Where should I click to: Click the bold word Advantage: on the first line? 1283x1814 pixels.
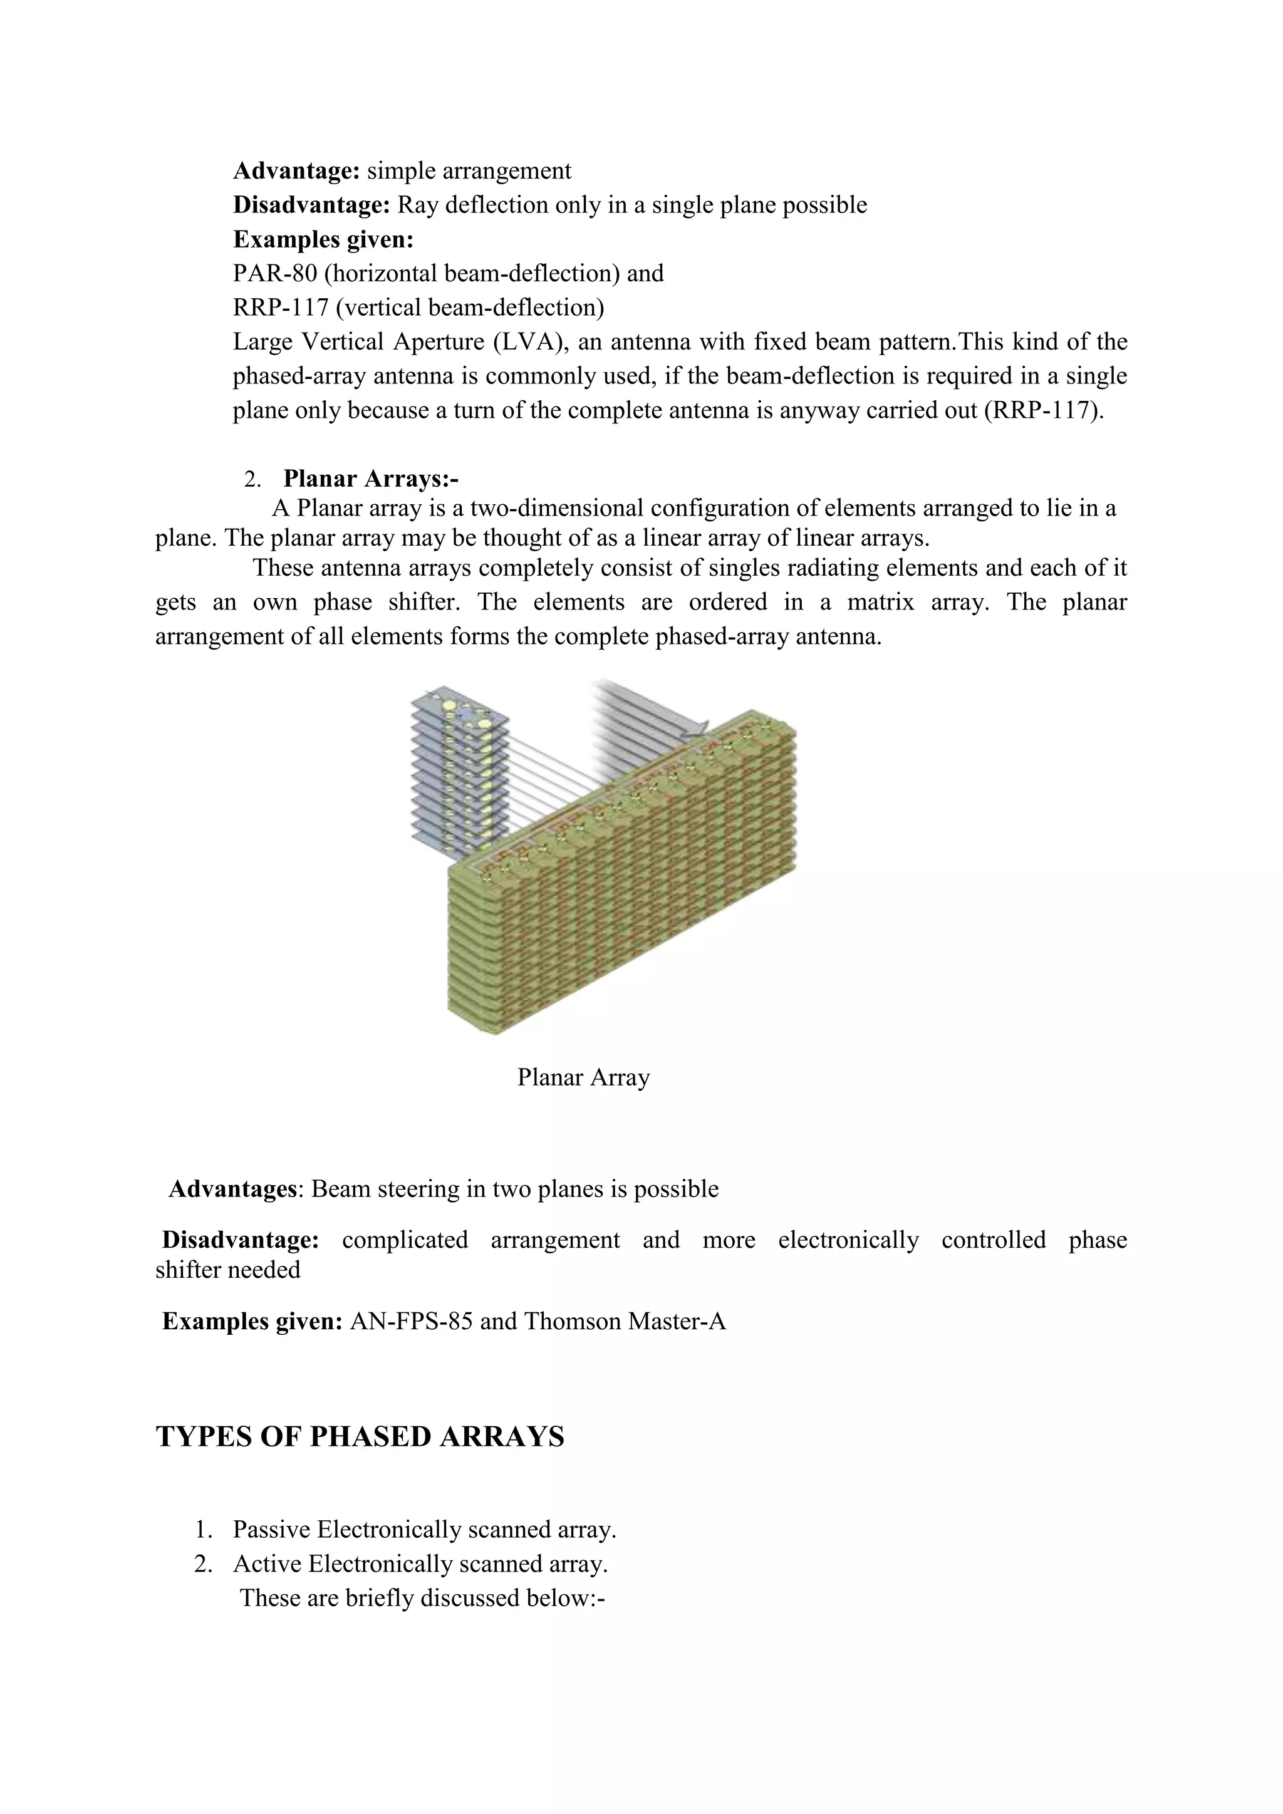[x=296, y=170]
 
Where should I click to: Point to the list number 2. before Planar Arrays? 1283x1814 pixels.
[x=252, y=480]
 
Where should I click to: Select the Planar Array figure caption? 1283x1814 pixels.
[x=583, y=1077]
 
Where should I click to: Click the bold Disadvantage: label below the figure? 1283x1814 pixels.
[x=240, y=1240]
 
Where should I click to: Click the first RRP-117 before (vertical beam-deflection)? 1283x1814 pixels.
[x=281, y=308]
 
